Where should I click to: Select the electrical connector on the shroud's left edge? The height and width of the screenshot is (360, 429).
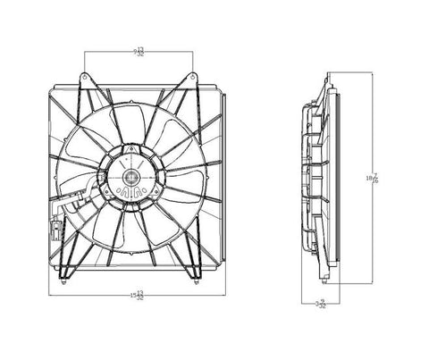(x=56, y=230)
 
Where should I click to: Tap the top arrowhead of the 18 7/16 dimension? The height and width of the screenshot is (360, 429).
(x=374, y=74)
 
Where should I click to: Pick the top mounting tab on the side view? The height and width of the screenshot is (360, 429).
(x=329, y=79)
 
